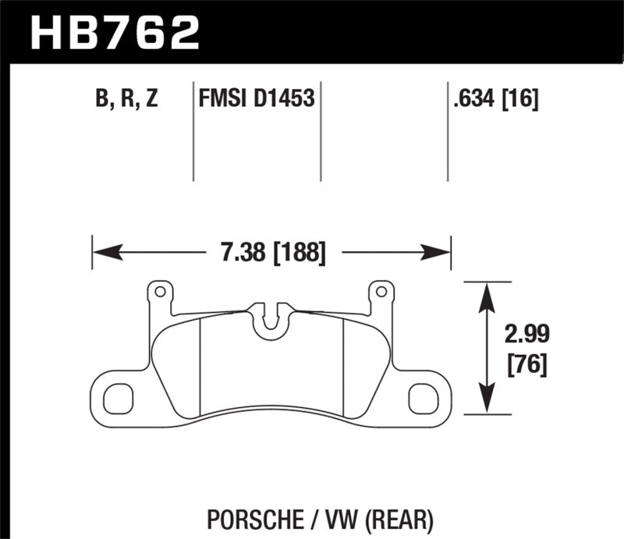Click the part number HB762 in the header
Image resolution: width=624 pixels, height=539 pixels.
[x=115, y=31]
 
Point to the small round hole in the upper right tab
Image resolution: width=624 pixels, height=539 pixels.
[x=381, y=293]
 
